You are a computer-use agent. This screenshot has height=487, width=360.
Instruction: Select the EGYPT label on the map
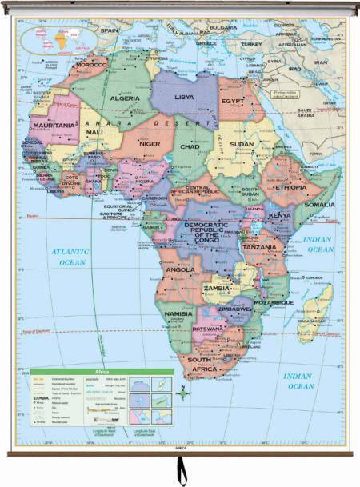[233, 102]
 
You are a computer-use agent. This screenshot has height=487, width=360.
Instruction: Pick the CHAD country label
[190, 147]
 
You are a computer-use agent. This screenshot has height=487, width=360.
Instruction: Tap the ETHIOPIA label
[290, 187]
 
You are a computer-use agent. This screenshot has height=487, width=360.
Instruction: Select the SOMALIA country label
[320, 205]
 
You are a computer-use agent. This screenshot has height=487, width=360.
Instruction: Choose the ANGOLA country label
[179, 269]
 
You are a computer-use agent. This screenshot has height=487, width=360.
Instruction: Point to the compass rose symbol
[183, 393]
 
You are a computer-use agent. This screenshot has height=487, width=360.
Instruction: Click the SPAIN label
[109, 30]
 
